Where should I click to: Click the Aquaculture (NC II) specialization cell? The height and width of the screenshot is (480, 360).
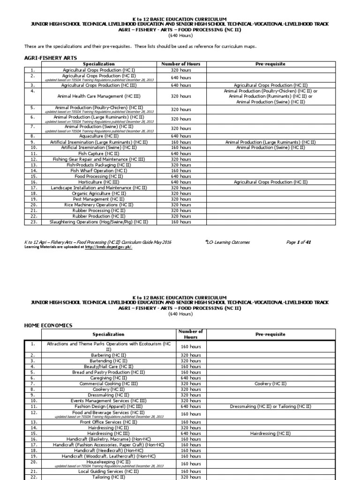click(x=98, y=136)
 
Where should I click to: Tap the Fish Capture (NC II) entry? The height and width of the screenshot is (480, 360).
click(x=98, y=153)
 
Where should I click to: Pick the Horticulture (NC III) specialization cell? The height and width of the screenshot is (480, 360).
click(x=98, y=182)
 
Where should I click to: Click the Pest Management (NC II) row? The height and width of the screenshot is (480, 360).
click(x=98, y=199)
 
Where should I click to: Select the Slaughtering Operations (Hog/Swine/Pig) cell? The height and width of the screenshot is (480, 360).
click(x=98, y=222)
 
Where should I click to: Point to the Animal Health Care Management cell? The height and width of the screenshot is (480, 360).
click(x=98, y=96)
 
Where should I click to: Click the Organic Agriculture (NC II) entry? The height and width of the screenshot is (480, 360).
click(x=98, y=193)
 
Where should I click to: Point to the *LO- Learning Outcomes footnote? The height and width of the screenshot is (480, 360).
click(x=227, y=242)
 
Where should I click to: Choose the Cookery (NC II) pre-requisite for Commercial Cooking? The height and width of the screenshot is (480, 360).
click(x=270, y=383)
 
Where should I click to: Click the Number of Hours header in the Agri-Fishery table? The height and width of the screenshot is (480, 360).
click(x=180, y=64)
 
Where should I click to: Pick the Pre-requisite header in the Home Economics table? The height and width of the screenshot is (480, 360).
click(x=270, y=334)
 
